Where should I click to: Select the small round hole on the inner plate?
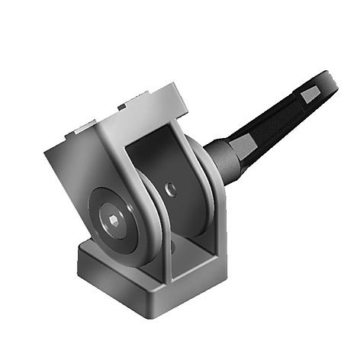click(171, 188)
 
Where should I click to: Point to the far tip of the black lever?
click(333, 79)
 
